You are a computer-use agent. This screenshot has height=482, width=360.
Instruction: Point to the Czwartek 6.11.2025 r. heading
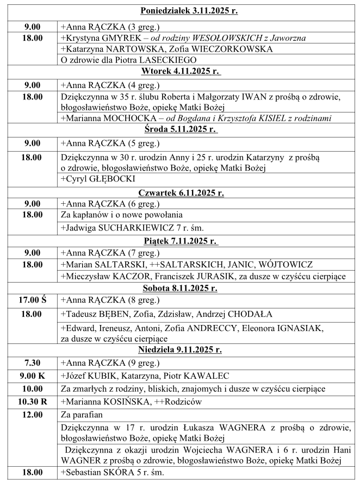click(x=181, y=192)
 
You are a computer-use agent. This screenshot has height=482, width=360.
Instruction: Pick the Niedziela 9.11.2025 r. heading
click(x=181, y=350)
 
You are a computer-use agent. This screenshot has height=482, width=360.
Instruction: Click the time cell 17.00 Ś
click(x=32, y=299)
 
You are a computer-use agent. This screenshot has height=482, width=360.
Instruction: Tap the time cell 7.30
click(x=32, y=362)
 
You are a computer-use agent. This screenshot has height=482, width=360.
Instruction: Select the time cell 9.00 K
click(x=32, y=376)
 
